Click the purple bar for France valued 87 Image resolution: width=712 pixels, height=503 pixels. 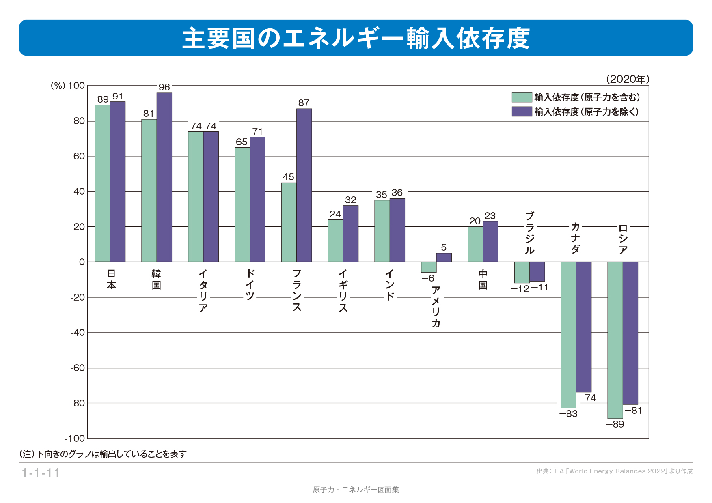pos(304,185)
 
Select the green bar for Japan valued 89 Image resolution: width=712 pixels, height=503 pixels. pos(102,183)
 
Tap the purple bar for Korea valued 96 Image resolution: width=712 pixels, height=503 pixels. pos(164,177)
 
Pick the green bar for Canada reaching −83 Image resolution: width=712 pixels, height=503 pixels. pos(568,335)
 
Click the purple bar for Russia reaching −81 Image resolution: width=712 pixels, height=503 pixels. pos(630,333)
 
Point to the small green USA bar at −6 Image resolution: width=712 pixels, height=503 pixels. pos(429,267)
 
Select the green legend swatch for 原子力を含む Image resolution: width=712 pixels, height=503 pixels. pos(522,97)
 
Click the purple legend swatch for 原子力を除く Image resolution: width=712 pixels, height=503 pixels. pos(522,112)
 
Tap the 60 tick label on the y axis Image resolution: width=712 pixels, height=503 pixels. pos(79,156)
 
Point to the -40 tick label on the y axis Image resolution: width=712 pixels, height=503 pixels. pos(78,333)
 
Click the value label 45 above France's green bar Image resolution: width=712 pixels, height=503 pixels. pos(289,177)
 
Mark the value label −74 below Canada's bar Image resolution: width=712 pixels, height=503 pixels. pos(587,398)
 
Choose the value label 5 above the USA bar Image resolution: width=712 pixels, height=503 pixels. pos(444,247)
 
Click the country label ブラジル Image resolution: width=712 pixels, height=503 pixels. pos(529,233)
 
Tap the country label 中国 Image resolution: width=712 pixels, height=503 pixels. pos(483,279)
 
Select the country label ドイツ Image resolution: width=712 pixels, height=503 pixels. pos(250,285)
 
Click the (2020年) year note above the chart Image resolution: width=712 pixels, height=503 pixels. pos(628,79)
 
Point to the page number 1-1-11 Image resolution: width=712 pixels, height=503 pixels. pos(41,473)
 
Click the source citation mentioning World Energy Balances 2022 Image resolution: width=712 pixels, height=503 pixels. pos(615,471)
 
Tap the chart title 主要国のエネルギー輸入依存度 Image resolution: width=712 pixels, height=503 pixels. pos(356,38)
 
